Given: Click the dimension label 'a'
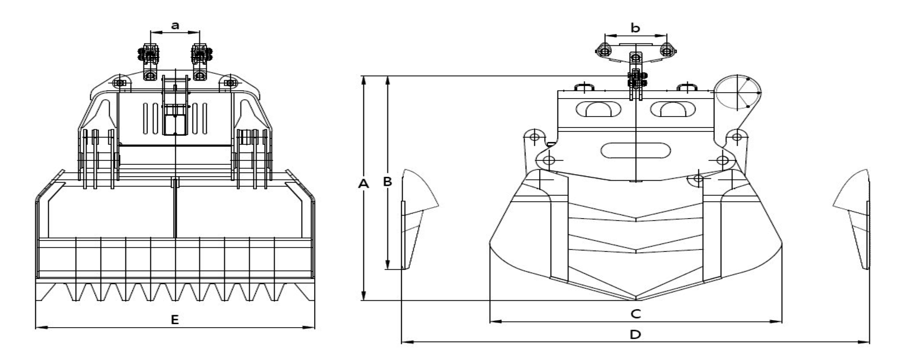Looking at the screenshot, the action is click(175, 25).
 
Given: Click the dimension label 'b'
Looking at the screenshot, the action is click(635, 28).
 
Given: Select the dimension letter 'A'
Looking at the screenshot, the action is click(364, 184).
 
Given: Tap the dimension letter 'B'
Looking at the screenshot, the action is click(387, 182).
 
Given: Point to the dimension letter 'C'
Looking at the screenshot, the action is click(636, 314).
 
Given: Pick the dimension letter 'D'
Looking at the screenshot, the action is click(636, 335).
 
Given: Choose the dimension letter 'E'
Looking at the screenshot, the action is click(175, 320).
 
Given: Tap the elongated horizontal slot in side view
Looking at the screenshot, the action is click(635, 150).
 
